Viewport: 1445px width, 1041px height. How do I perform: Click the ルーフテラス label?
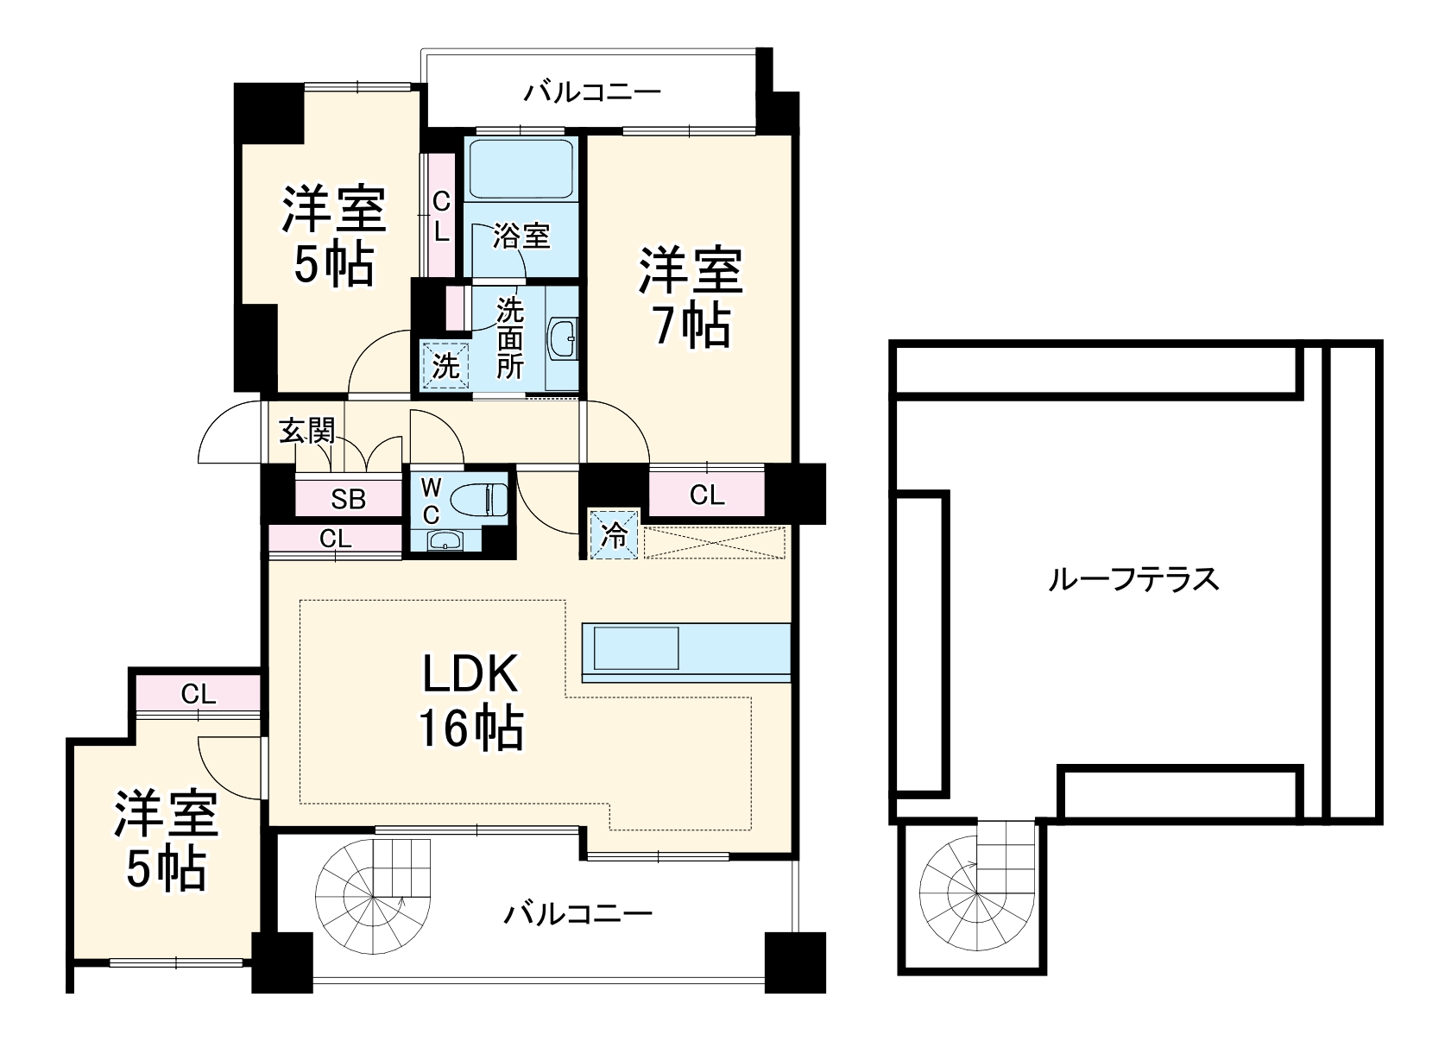(x=1133, y=579)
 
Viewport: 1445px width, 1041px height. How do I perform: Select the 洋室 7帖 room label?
(x=690, y=298)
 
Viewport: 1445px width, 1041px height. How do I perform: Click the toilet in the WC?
(x=480, y=500)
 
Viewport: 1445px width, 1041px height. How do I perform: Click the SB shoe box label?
(x=349, y=499)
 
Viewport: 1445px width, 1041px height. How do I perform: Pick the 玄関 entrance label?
(x=306, y=430)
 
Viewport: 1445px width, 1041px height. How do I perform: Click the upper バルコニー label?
(x=592, y=91)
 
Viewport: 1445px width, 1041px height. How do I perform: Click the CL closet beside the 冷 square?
(x=706, y=495)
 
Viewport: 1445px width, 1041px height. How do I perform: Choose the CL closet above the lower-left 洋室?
(x=198, y=693)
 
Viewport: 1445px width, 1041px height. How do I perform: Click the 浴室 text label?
(x=521, y=235)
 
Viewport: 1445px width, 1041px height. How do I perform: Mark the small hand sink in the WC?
(x=445, y=541)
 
